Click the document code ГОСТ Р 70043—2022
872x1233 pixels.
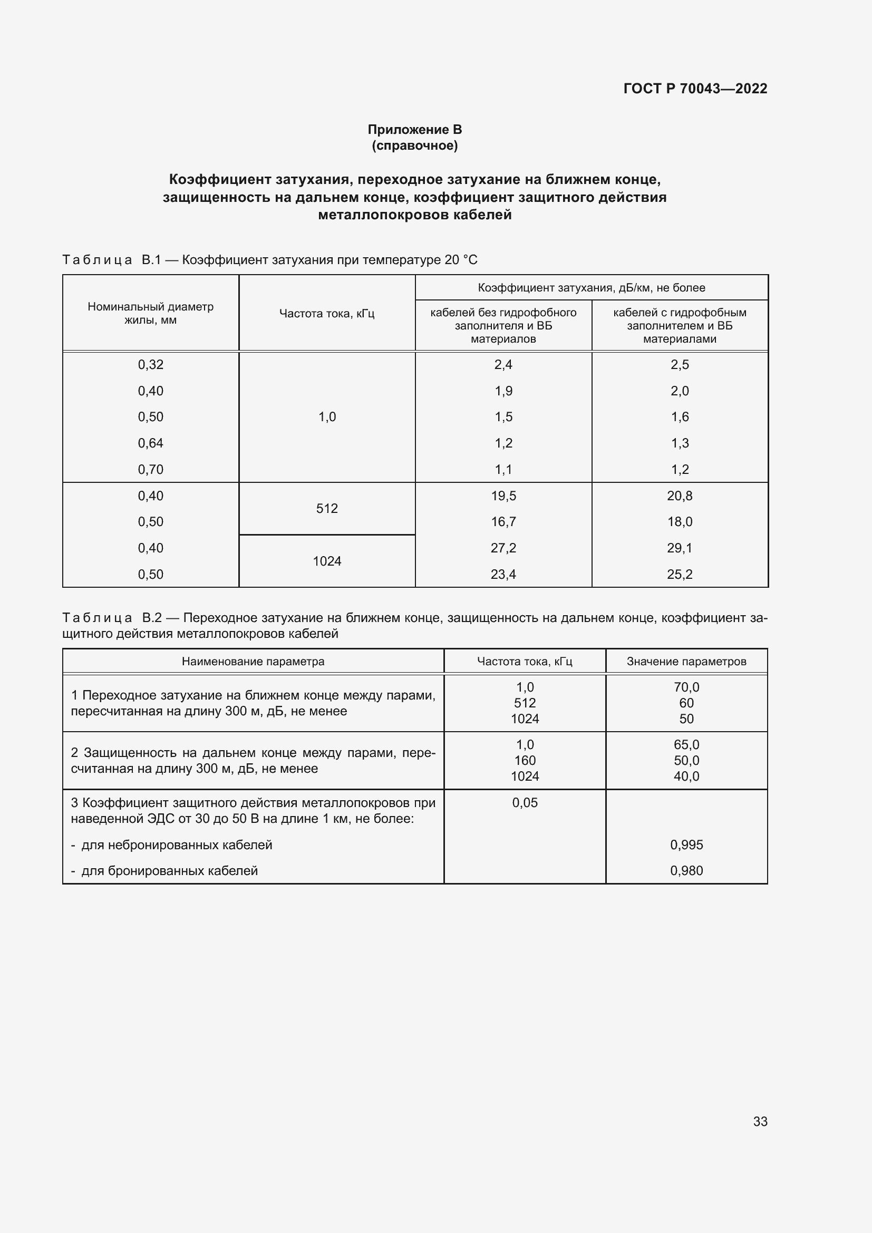(x=695, y=89)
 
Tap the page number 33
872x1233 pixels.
(x=760, y=1121)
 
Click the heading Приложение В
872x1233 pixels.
(x=414, y=130)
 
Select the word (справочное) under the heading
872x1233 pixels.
(x=414, y=145)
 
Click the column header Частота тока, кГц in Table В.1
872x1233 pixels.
(x=326, y=314)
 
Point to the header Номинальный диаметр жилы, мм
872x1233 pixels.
(x=150, y=314)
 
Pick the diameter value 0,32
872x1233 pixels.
(x=150, y=365)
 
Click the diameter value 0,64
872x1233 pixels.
(x=150, y=443)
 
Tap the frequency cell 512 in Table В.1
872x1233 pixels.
(x=326, y=509)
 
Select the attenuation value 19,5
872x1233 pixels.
(x=503, y=496)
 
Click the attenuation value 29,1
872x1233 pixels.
(x=679, y=548)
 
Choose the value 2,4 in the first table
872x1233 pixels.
(x=503, y=365)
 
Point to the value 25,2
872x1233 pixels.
(x=679, y=574)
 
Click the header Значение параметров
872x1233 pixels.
(x=686, y=662)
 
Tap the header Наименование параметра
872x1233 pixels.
(x=253, y=662)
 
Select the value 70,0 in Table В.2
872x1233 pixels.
(x=686, y=687)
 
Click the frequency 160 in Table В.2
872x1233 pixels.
(x=525, y=761)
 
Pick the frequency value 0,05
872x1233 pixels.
(x=525, y=803)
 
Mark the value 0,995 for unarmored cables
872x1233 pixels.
(x=686, y=844)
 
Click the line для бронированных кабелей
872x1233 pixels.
(x=169, y=870)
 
